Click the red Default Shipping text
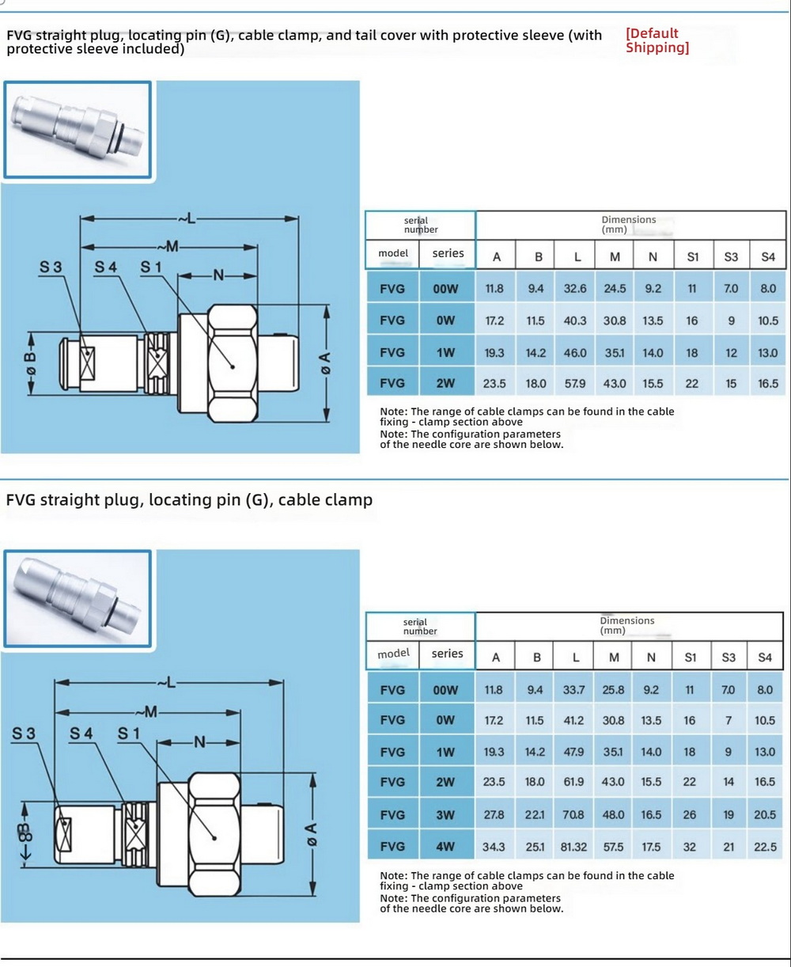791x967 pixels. point(657,40)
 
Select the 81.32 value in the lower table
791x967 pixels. point(573,847)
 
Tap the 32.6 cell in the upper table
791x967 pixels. point(575,289)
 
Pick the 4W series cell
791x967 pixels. point(446,846)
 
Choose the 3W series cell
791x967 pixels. point(446,814)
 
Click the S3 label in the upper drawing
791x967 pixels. point(51,267)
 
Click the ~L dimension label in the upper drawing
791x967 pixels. point(187,218)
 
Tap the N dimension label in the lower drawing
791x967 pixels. point(199,741)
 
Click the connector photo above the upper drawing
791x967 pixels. point(78,129)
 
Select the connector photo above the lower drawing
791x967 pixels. point(78,598)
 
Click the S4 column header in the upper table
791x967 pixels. point(767,256)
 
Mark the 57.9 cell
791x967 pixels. point(575,383)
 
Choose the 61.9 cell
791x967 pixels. point(574,782)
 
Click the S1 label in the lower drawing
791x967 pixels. point(129,734)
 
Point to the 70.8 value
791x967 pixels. point(574,814)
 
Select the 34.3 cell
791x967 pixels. point(494,847)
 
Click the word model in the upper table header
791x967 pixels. point(393,253)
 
